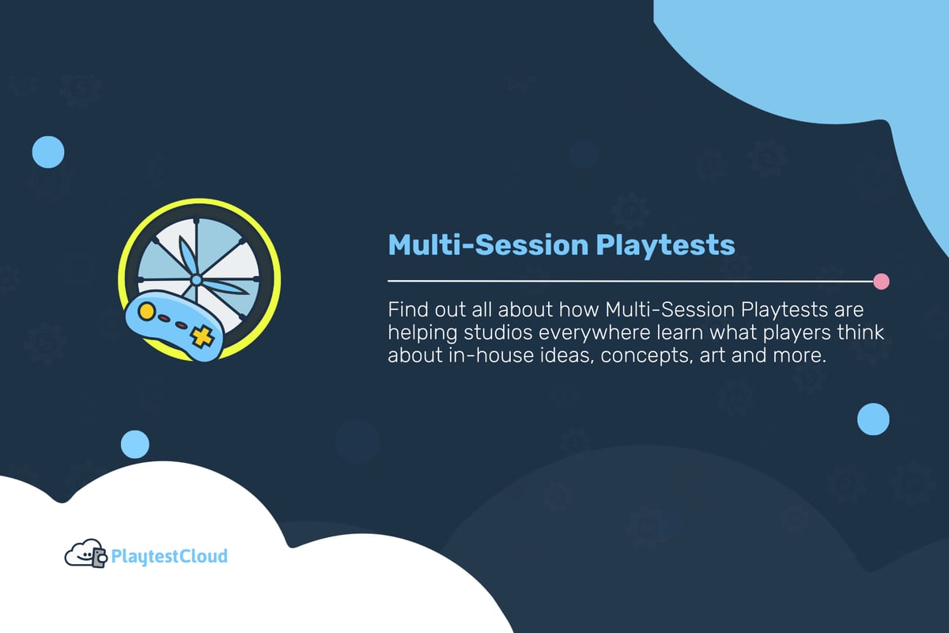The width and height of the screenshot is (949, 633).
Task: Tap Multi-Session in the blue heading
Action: click(x=486, y=245)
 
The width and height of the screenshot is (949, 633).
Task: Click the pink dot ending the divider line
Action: click(x=881, y=281)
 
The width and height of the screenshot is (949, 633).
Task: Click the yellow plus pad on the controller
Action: click(x=204, y=337)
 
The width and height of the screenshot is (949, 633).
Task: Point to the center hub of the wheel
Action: click(x=196, y=280)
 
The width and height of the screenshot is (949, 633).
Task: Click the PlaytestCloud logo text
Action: click(x=169, y=556)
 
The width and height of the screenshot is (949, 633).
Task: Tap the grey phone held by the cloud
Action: click(x=100, y=559)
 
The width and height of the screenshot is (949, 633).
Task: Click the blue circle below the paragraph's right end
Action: click(x=873, y=419)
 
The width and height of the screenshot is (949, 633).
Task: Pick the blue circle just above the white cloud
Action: click(x=134, y=445)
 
